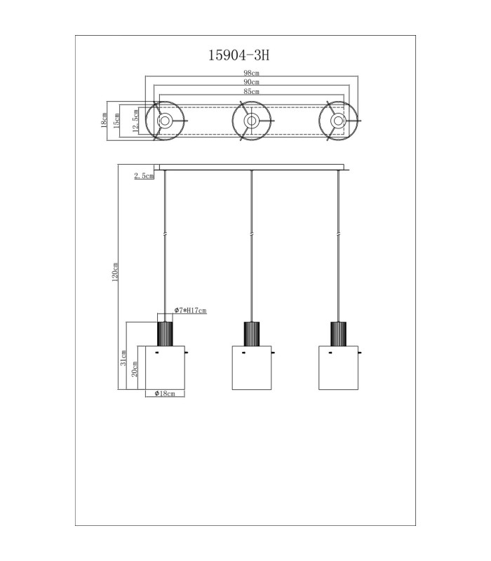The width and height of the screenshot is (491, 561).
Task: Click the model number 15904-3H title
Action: (x=238, y=55)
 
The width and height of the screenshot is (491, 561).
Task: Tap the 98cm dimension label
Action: (x=251, y=73)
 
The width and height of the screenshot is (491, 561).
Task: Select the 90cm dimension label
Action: (x=251, y=82)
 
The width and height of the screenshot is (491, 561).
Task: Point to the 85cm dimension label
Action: (x=251, y=92)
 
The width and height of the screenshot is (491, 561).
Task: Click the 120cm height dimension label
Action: (x=115, y=272)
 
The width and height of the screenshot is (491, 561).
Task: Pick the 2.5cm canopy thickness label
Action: (x=144, y=176)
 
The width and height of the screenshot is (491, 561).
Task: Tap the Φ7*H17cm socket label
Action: (x=190, y=310)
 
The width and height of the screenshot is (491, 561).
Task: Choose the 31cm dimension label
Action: (x=123, y=358)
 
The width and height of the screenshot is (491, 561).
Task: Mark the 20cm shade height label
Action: (x=135, y=369)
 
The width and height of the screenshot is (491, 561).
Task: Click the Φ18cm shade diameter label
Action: (x=165, y=393)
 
